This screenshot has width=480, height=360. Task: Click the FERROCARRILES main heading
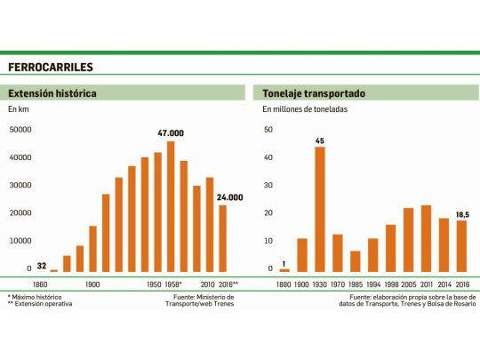(x=51, y=67)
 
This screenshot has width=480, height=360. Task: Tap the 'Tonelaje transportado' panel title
(x=309, y=92)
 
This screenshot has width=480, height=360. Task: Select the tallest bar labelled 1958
(x=171, y=206)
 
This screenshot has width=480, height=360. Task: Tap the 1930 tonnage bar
(x=319, y=209)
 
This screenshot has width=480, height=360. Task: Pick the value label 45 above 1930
(x=319, y=140)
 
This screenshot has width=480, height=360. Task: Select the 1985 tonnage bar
(x=356, y=261)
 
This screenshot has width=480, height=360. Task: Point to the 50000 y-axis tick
(x=20, y=131)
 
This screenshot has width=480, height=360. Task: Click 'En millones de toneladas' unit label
(x=304, y=109)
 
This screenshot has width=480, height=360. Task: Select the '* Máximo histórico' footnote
(x=36, y=296)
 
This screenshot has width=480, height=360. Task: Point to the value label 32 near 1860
(x=42, y=265)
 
